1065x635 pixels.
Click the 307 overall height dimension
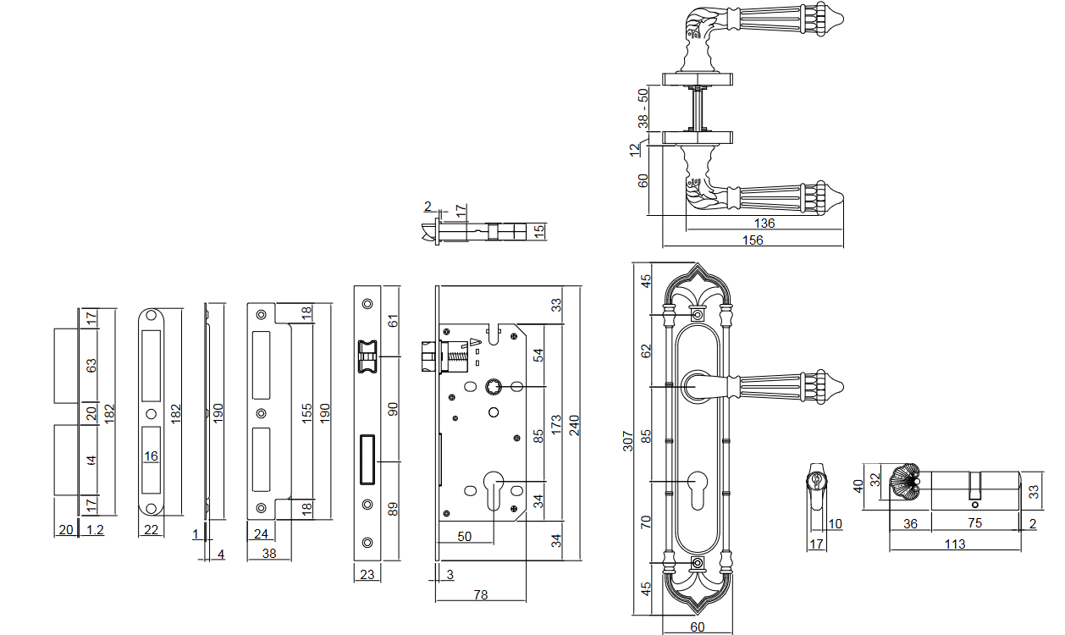tap(628, 441)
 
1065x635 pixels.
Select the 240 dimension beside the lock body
tap(575, 423)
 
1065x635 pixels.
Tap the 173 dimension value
tap(556, 423)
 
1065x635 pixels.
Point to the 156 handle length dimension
tap(752, 240)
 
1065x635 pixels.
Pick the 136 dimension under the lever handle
tap(764, 224)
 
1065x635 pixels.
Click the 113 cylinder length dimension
tap(954, 544)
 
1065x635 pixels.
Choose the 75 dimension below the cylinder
tap(974, 523)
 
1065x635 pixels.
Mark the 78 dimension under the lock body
tap(480, 595)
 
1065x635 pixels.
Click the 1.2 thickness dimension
tap(95, 530)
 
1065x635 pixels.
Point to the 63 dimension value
tap(92, 366)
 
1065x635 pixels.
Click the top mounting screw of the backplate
tap(697, 315)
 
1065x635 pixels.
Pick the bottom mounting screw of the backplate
tap(697, 564)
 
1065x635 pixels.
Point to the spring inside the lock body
tap(456, 357)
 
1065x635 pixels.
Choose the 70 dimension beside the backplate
tap(645, 522)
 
